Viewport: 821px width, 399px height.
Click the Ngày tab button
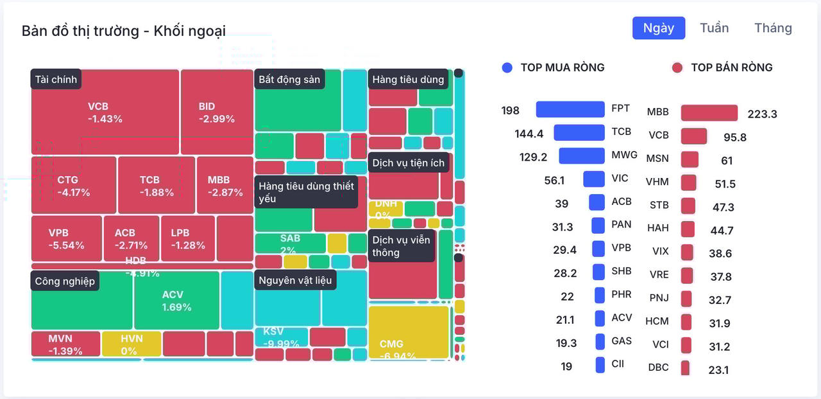tap(659, 28)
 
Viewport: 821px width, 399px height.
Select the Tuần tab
tap(714, 28)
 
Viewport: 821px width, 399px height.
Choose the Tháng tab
tap(773, 28)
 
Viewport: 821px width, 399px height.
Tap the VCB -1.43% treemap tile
tap(105, 112)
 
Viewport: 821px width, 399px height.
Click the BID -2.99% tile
tap(217, 112)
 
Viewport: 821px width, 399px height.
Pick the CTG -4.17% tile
tap(74, 186)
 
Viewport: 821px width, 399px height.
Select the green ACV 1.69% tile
tap(176, 301)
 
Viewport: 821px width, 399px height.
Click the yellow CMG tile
tap(409, 333)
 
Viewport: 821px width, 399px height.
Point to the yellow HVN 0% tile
tap(131, 344)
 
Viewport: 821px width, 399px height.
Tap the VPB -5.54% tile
tap(67, 238)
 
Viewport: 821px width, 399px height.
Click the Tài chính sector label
tap(56, 80)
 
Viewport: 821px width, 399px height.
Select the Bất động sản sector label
tap(289, 80)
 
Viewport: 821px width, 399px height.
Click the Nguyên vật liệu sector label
tap(295, 280)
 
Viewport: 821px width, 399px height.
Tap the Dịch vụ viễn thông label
tap(402, 246)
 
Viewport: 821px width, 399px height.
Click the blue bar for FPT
tap(570, 109)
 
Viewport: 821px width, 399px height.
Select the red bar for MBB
tap(709, 113)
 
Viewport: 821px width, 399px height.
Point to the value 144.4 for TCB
tap(529, 134)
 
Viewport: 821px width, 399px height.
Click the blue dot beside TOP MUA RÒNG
tap(507, 67)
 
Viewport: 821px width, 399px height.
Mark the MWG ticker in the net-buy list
tap(624, 155)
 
